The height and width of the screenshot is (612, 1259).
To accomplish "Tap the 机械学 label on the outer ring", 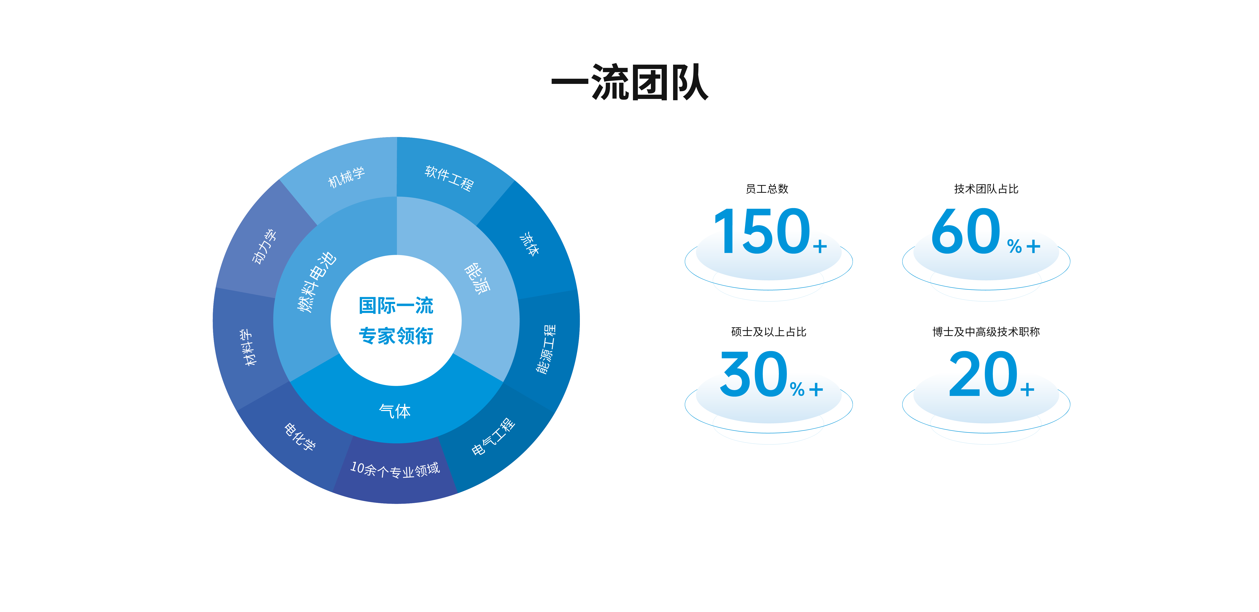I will pos(346,177).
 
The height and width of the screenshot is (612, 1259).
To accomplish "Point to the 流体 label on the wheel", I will pos(529,244).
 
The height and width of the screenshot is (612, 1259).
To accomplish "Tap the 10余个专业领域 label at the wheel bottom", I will pos(395,470).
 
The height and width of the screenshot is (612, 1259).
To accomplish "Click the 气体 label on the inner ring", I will pos(395,411).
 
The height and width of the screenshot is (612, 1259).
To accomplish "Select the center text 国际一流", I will pos(396,306).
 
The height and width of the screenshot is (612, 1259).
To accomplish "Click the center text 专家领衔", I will pos(396,336).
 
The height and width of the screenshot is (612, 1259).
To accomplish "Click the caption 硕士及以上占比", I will pos(768,332).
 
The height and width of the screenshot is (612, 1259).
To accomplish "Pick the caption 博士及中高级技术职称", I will pos(986,332).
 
